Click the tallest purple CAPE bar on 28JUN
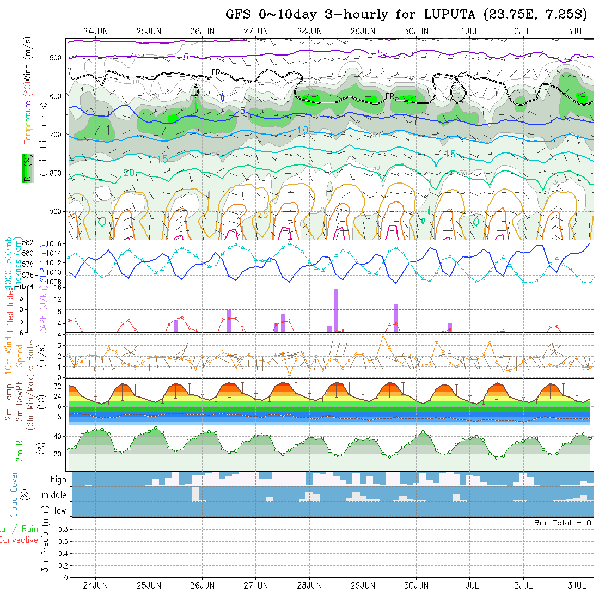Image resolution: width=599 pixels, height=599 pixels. [337, 310]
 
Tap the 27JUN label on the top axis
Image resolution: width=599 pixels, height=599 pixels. [255, 31]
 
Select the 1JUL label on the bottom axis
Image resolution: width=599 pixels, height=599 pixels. [469, 585]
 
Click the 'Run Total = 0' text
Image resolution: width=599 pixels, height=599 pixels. [563, 523]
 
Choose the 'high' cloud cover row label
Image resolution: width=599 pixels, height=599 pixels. [58, 480]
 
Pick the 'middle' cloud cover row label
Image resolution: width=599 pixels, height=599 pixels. [54, 496]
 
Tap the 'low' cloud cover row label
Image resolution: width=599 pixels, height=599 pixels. [60, 511]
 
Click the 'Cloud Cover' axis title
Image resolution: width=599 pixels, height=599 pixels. [14, 494]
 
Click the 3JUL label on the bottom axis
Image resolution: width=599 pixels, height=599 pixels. [577, 585]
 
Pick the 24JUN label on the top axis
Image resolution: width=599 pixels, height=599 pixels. [95, 31]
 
